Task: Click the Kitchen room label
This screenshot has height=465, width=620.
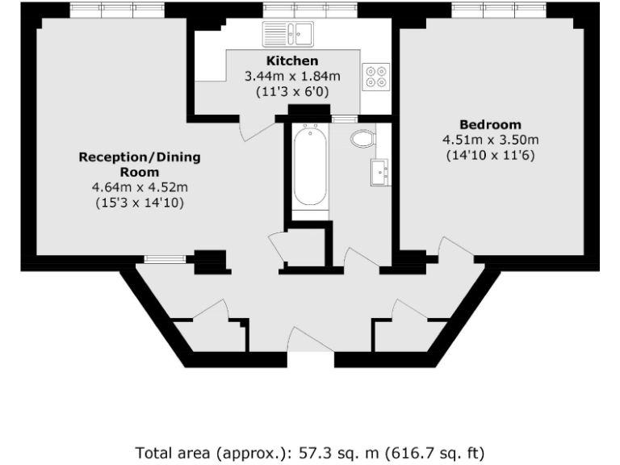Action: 292,61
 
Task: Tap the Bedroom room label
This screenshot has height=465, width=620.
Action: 490,124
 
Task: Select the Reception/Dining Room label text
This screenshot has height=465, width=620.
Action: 139,164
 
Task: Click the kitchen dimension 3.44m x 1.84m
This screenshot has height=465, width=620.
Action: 292,76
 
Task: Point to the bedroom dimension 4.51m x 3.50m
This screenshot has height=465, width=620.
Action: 490,140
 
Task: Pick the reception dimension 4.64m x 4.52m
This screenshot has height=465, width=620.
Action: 139,188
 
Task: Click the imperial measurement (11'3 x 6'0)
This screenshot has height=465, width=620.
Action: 292,91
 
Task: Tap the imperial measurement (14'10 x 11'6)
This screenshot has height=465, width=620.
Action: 490,155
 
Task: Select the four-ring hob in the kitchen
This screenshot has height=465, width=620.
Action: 375,76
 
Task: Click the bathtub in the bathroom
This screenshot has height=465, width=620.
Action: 309,166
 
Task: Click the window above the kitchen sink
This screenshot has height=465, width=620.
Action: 310,10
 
